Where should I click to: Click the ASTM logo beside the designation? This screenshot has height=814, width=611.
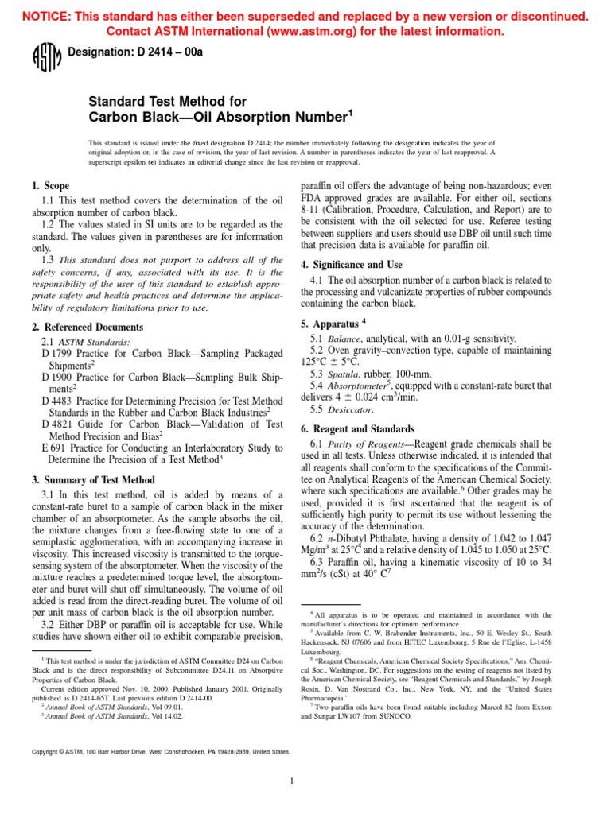pyautogui.click(x=41, y=57)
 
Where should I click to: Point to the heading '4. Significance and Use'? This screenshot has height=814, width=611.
pyautogui.click(x=352, y=264)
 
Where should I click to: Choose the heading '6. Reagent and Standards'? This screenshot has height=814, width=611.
pyautogui.click(x=357, y=428)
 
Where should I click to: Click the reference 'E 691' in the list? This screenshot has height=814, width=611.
pyautogui.click(x=54, y=447)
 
